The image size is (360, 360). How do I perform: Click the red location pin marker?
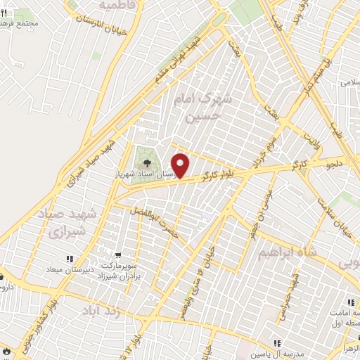pyautogui.click(x=181, y=165)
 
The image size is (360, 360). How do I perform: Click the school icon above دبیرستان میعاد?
pyautogui.click(x=69, y=260)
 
